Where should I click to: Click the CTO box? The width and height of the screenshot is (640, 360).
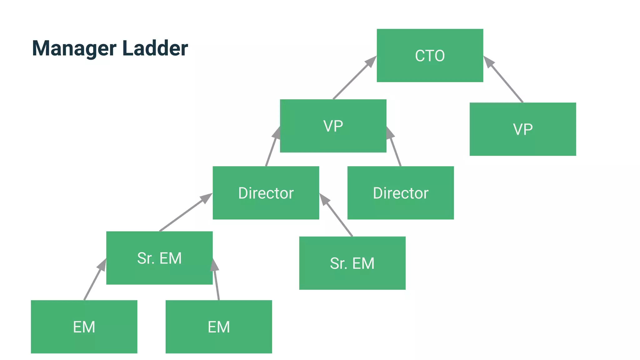point(430,56)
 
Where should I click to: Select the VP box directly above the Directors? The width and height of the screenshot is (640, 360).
point(333,126)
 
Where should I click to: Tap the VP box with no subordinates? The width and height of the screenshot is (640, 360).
point(522,129)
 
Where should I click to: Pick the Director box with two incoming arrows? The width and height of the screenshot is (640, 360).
point(266,193)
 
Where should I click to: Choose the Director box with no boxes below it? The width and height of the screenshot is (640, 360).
point(400,193)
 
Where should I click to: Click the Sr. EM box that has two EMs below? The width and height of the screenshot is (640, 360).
point(159,258)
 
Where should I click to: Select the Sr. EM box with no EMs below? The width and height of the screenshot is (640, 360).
point(352,263)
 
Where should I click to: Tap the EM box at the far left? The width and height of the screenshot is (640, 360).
point(84,327)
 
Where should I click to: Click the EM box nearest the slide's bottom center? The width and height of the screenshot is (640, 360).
point(218,327)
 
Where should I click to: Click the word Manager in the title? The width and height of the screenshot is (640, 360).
point(74,48)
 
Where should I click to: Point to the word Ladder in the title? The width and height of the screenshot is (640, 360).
point(155,48)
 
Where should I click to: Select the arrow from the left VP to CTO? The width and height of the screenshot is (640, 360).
point(353,79)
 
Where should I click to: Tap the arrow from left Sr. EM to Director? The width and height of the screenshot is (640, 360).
point(184,213)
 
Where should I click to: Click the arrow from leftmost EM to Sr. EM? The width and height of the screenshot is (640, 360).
point(94,281)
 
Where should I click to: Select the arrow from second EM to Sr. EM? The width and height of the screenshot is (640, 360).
point(216,281)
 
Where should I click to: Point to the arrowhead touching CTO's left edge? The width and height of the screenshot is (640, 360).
point(371,61)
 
